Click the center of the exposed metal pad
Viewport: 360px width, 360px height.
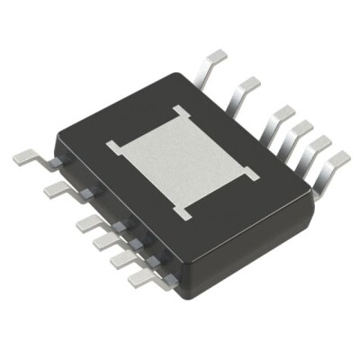point(184,161)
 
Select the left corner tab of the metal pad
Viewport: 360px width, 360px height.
point(112,144)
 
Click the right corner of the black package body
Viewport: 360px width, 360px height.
point(314,202)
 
